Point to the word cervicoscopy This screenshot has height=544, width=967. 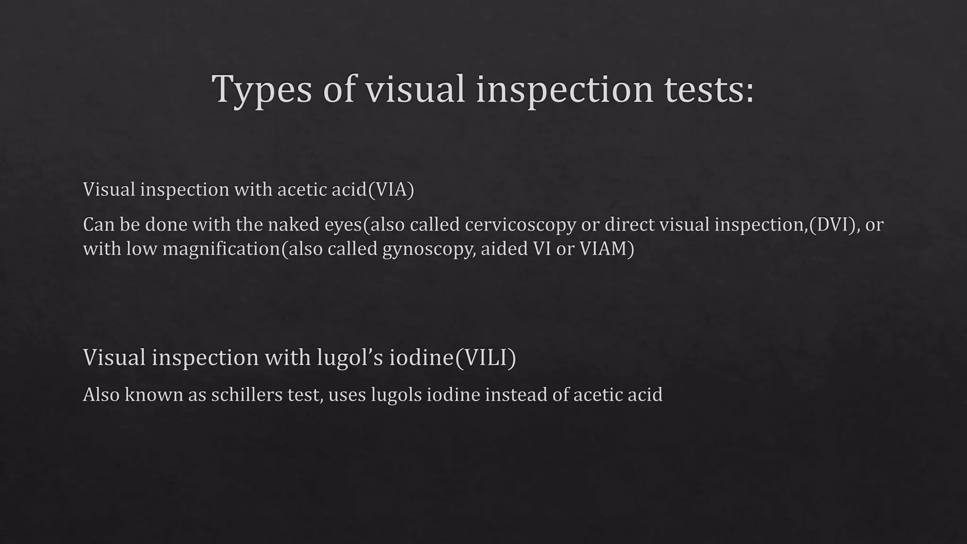pos(520,225)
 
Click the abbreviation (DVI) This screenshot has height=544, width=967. pos(834,225)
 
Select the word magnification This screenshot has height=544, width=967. pos(221,249)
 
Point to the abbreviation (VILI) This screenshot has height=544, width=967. pos(485,357)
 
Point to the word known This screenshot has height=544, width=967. pos(154,395)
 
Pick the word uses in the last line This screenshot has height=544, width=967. pos(347,395)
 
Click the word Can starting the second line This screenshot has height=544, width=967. pos(99,225)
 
